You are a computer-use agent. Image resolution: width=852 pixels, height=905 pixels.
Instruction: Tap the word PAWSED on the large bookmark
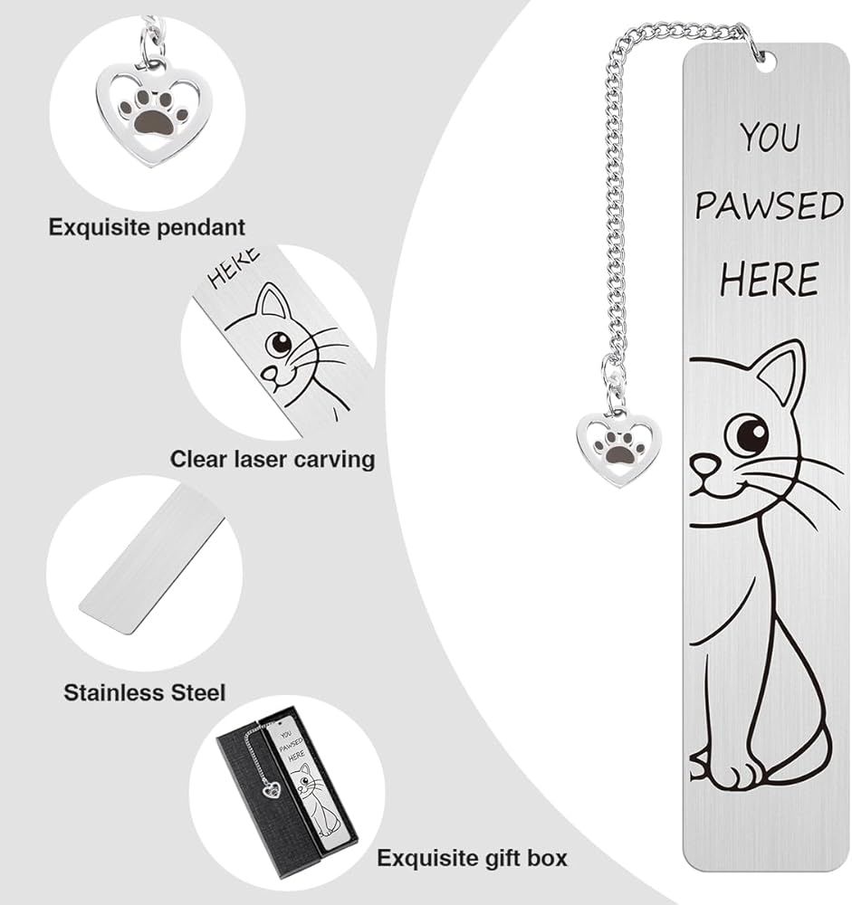pos(770,206)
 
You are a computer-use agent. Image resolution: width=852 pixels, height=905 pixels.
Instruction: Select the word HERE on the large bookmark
pos(770,279)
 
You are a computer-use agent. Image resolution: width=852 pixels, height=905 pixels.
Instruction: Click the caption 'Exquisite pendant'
pos(147,227)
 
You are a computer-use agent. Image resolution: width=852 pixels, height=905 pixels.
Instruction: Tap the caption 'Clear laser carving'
pos(273,460)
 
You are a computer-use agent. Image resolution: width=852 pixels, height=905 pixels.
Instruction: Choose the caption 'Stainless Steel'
pos(144,692)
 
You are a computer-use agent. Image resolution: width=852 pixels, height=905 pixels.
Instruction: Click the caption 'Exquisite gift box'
pos(472,858)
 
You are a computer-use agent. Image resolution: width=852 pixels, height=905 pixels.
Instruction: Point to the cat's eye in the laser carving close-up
pos(279,345)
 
